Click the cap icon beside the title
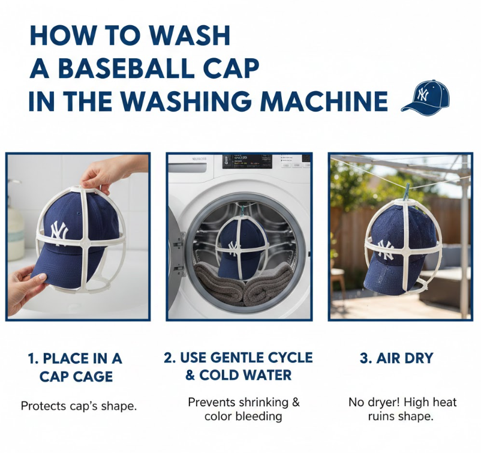pyautogui.click(x=426, y=98)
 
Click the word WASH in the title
pyautogui.click(x=190, y=35)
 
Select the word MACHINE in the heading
pyautogui.click(x=324, y=101)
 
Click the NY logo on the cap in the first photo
pyautogui.click(x=59, y=231)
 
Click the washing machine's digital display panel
pyautogui.click(x=247, y=161)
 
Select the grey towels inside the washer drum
pyautogui.click(x=242, y=284)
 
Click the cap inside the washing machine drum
pyautogui.click(x=240, y=248)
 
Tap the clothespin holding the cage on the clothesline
pyautogui.click(x=407, y=193)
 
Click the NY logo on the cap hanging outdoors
pyautogui.click(x=385, y=249)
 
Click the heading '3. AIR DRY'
pyautogui.click(x=396, y=358)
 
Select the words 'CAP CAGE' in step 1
pyautogui.click(x=76, y=377)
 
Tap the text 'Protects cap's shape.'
pyautogui.click(x=79, y=406)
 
